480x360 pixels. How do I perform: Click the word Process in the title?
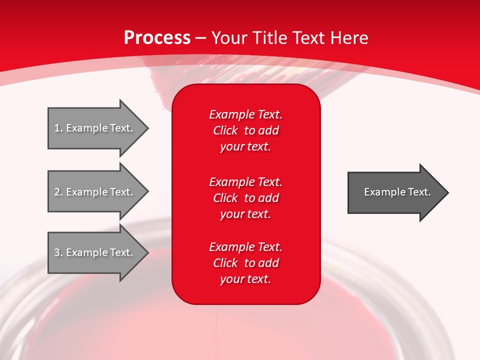(157, 38)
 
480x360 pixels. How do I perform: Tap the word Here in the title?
(349, 38)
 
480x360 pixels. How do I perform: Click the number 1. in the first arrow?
(58, 128)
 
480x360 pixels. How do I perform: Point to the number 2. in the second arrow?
(58, 192)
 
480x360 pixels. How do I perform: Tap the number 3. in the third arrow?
(58, 252)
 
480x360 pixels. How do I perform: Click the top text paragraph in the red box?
(245, 130)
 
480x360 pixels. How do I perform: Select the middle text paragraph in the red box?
(245, 198)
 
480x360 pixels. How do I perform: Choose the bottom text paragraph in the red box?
(245, 263)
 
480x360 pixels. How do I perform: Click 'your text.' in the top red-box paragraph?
(245, 147)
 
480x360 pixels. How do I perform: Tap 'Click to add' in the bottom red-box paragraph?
(245, 263)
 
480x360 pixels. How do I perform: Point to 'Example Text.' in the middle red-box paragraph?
(245, 181)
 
